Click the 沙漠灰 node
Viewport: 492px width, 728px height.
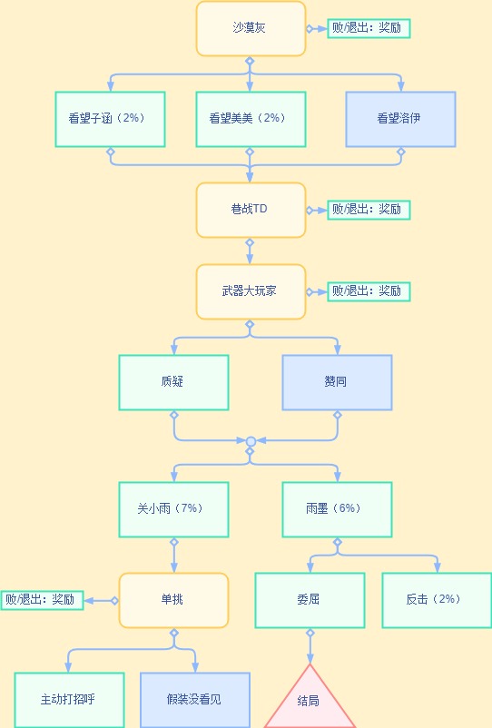click(x=251, y=28)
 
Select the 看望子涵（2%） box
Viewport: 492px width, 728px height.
click(x=110, y=119)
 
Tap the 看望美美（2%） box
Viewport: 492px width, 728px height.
click(x=251, y=119)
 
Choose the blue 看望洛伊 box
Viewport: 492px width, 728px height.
click(x=400, y=119)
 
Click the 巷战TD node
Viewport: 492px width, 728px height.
click(x=251, y=210)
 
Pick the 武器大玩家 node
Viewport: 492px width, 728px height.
click(x=251, y=291)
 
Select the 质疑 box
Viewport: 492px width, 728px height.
click(x=173, y=382)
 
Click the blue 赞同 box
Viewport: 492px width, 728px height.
click(x=337, y=382)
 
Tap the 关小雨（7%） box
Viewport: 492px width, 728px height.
click(x=173, y=509)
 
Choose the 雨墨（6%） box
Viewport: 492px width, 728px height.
click(x=337, y=509)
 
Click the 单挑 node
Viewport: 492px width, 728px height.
click(x=173, y=600)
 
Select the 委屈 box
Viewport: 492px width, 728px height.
click(x=310, y=600)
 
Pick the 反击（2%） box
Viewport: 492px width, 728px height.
click(x=437, y=600)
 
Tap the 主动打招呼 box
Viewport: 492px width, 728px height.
click(x=69, y=700)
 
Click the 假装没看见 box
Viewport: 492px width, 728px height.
click(x=195, y=700)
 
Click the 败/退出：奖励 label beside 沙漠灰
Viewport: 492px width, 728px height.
click(x=369, y=28)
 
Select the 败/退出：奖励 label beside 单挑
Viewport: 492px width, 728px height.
click(x=43, y=600)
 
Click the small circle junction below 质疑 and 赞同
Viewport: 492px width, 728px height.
click(x=251, y=441)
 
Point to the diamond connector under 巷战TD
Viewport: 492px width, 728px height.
click(x=250, y=242)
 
